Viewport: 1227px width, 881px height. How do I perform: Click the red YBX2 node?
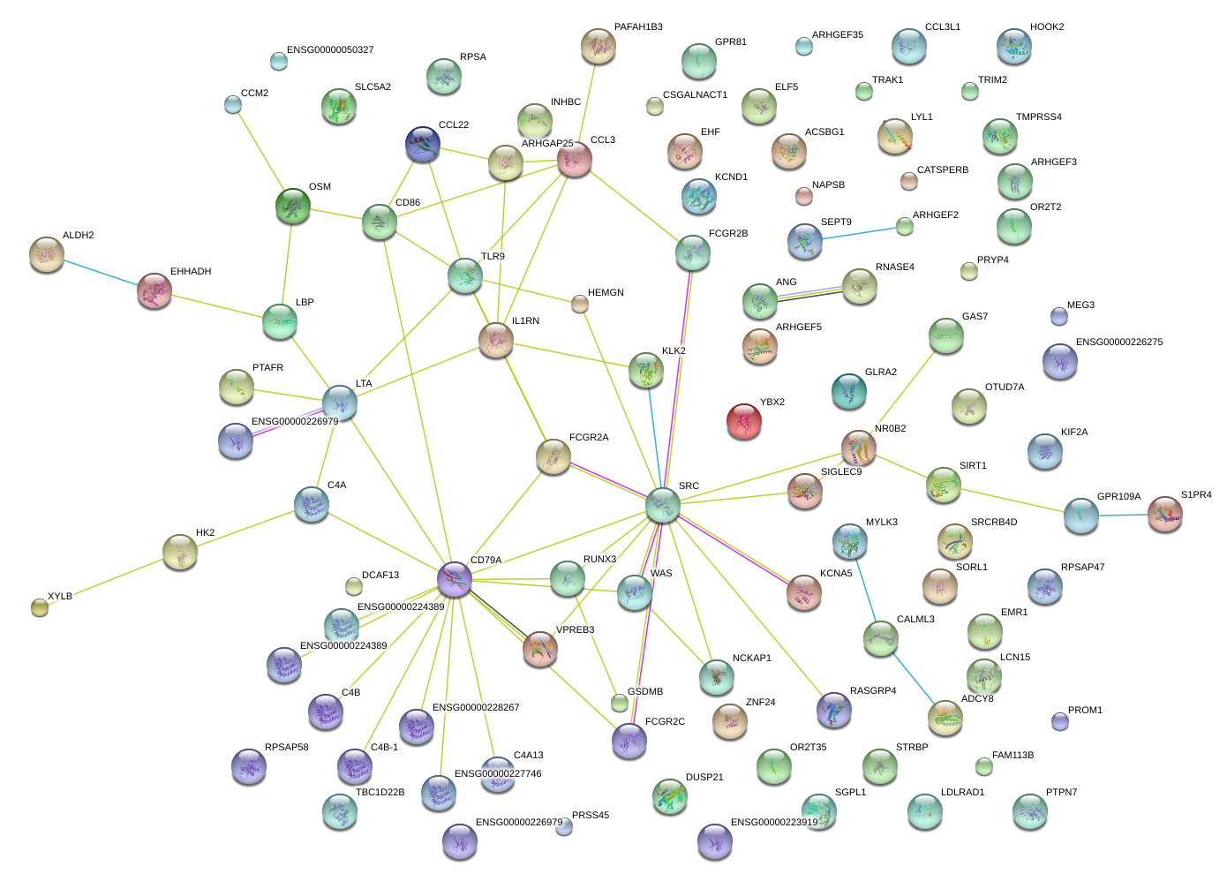(x=743, y=421)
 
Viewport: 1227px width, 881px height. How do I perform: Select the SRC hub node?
(x=662, y=504)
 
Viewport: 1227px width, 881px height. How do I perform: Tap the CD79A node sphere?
(x=455, y=579)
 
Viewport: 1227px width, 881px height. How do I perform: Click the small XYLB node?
(x=40, y=606)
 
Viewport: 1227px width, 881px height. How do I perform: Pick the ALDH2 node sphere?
(x=46, y=254)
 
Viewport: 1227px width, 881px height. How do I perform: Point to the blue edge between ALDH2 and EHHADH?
(x=100, y=273)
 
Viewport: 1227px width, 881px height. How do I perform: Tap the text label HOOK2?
(x=1047, y=27)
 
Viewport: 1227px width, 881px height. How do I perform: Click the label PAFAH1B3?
(x=638, y=27)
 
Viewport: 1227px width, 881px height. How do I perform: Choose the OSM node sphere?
(x=293, y=206)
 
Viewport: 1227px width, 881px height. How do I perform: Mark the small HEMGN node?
(x=579, y=304)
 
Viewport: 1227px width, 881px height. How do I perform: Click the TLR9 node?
(x=464, y=275)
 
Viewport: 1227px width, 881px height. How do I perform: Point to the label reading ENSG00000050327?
(x=330, y=50)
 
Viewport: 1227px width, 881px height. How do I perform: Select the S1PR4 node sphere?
(x=1164, y=514)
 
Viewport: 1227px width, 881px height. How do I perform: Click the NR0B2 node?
(x=858, y=448)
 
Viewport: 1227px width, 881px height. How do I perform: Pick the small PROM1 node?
(x=1060, y=721)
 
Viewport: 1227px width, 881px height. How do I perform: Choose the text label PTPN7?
(x=1061, y=793)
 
